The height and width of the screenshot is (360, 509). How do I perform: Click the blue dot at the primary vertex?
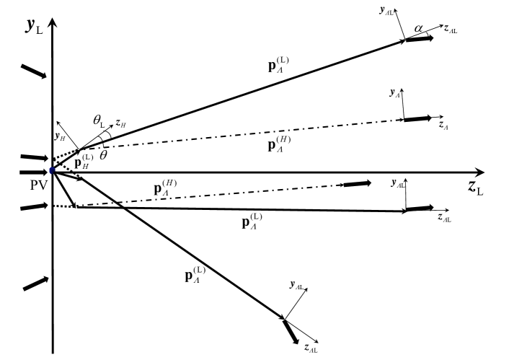(x=52, y=170)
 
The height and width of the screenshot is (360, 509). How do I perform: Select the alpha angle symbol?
(x=419, y=27)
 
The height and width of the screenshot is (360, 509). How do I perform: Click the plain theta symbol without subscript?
(x=104, y=154)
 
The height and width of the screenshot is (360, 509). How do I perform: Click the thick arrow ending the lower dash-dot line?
(x=357, y=184)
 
